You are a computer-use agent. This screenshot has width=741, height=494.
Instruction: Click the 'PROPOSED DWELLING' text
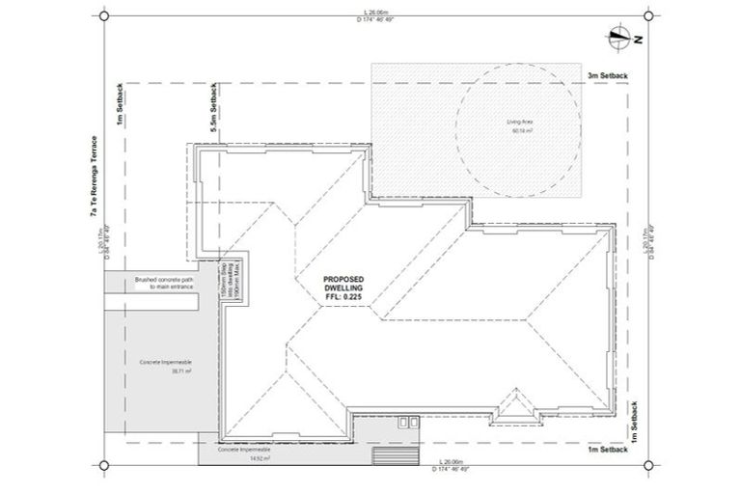343,284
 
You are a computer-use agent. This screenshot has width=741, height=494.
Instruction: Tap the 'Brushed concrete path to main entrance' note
164,282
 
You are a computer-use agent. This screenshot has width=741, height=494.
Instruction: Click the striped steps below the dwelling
387,456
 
